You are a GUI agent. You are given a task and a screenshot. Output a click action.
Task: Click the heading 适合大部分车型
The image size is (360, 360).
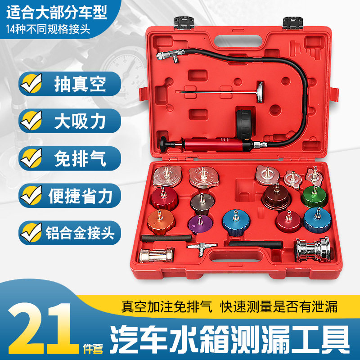coord(56,12)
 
